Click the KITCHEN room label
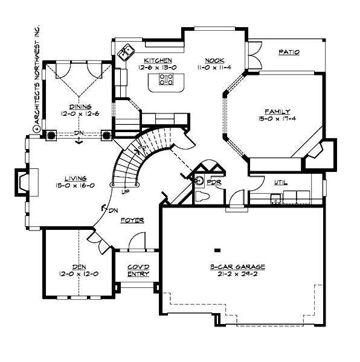[x=158, y=60]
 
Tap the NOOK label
[x=214, y=60]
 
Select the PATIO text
[x=289, y=52]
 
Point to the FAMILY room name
[x=277, y=112]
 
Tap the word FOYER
[x=132, y=220]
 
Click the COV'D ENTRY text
[x=138, y=270]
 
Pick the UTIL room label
[x=281, y=182]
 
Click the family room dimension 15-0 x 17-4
[x=277, y=119]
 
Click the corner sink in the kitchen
[x=127, y=53]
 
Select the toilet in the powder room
[x=203, y=195]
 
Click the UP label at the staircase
[x=125, y=192]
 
